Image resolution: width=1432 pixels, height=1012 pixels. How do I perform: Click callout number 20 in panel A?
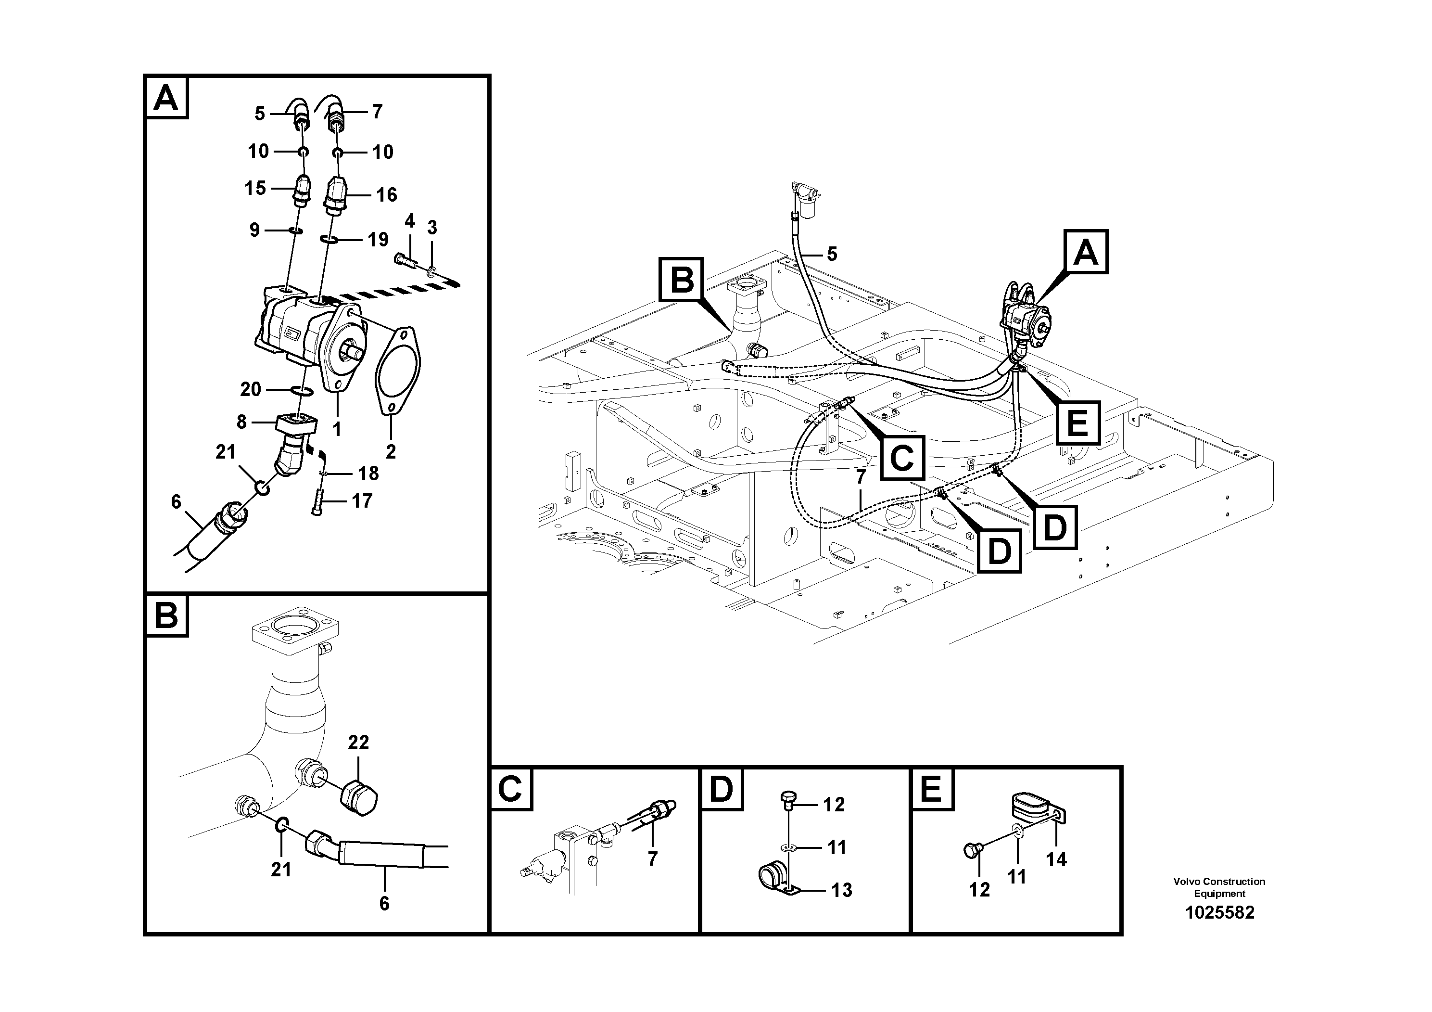click(251, 389)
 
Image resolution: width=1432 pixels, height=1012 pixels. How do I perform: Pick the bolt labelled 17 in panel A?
click(317, 502)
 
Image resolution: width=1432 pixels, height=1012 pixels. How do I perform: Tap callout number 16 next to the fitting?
click(386, 195)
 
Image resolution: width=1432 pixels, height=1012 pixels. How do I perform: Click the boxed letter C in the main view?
click(902, 458)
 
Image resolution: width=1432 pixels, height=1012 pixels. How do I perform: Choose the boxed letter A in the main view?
click(1086, 253)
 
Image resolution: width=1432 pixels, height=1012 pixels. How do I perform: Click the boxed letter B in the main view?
click(681, 280)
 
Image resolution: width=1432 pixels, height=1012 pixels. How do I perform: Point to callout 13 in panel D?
click(841, 890)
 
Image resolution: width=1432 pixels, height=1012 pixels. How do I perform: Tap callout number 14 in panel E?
click(1056, 859)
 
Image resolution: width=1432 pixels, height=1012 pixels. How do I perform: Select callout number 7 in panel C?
click(652, 859)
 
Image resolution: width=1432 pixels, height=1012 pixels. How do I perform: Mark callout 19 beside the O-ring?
click(378, 240)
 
